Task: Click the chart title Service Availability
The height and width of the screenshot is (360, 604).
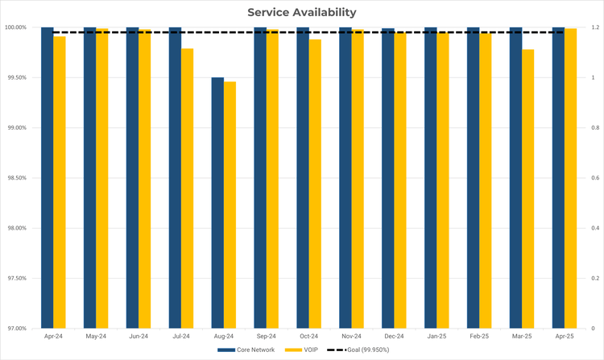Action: pyautogui.click(x=302, y=12)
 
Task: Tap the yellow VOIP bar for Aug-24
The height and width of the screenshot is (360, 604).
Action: pyautogui.click(x=230, y=205)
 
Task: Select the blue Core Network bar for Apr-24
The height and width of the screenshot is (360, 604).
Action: pyautogui.click(x=48, y=177)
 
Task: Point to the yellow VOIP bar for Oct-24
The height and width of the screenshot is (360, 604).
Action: pyautogui.click(x=315, y=184)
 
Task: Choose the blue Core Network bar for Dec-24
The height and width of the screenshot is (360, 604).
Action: pyautogui.click(x=388, y=178)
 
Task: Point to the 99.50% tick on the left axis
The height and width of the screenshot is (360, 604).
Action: pyautogui.click(x=16, y=77)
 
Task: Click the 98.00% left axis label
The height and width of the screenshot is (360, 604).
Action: pyautogui.click(x=16, y=228)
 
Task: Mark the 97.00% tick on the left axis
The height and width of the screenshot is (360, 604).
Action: pyautogui.click(x=16, y=329)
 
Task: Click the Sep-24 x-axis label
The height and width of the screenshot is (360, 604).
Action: pyautogui.click(x=266, y=336)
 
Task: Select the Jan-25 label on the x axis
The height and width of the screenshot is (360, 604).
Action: pyautogui.click(x=436, y=336)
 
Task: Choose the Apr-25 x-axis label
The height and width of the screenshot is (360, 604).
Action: pyautogui.click(x=564, y=336)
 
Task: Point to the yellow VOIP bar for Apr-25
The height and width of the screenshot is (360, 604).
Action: pyautogui.click(x=571, y=178)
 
